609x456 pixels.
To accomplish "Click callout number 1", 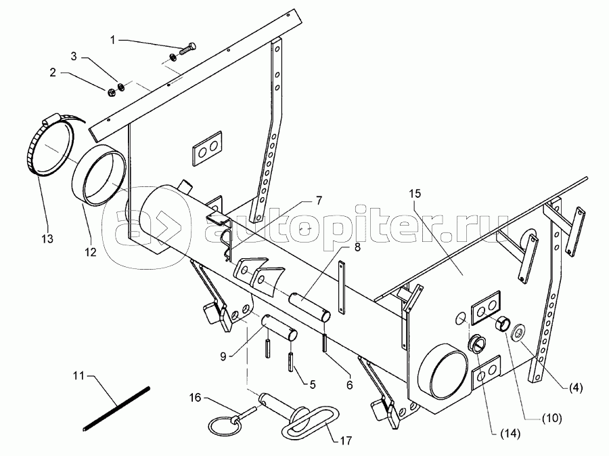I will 113,40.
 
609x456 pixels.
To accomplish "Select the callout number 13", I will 47,239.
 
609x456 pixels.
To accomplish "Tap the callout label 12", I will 90,252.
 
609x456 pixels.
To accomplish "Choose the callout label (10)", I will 552,418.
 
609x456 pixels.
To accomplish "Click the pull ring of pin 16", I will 221,426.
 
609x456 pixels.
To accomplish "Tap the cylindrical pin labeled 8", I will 310,302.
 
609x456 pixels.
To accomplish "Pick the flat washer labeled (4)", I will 520,333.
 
